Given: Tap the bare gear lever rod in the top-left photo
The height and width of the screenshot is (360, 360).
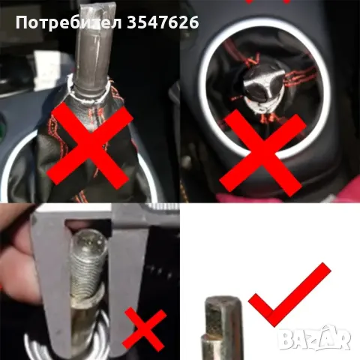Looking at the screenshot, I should pyautogui.click(x=94, y=52).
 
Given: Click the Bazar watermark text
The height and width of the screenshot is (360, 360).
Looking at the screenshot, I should pyautogui.click(x=315, y=339).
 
